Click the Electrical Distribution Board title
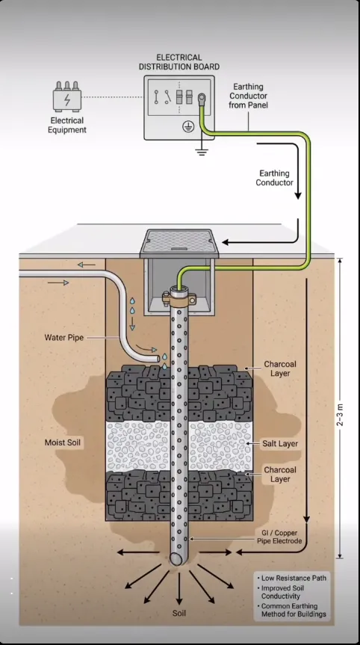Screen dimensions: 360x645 click(x=179, y=62)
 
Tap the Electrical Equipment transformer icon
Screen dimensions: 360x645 click(x=67, y=96)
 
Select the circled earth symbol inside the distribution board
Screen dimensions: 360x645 click(x=188, y=127)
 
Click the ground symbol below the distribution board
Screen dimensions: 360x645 click(x=201, y=150)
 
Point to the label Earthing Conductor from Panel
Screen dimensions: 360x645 click(x=248, y=96)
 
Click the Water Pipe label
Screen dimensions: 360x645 click(x=63, y=338)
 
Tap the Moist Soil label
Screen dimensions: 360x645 click(x=63, y=443)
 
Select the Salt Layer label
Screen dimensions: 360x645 click(x=280, y=444)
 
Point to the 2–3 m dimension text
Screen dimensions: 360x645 click(x=341, y=415)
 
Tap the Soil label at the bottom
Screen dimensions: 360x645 click(x=179, y=614)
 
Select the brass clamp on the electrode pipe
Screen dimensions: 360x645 click(x=179, y=297)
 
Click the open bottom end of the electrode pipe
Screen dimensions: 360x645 click(x=178, y=558)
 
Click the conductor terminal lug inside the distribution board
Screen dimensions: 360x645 click(x=202, y=98)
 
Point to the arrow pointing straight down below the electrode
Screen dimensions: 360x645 click(x=179, y=589)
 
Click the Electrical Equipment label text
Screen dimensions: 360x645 click(x=67, y=125)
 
